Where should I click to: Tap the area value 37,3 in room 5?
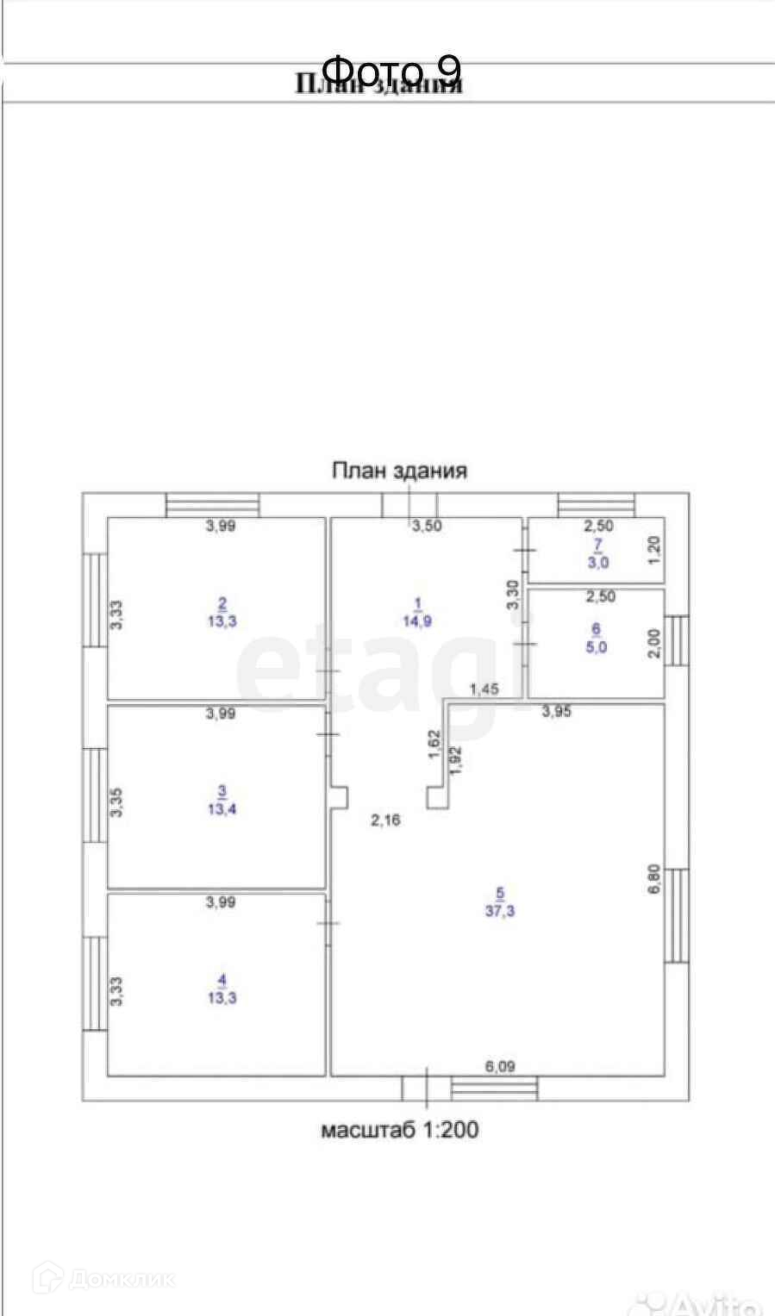(x=499, y=911)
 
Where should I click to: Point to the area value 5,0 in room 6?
(x=596, y=647)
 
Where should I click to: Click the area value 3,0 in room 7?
(x=598, y=563)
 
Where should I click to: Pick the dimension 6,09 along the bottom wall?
(x=499, y=1066)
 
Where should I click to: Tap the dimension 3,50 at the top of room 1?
(x=427, y=526)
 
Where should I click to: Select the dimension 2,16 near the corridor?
(x=385, y=820)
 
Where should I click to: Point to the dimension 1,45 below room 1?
(x=484, y=689)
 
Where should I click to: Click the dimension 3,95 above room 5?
(x=557, y=712)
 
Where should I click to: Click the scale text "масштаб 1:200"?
(x=399, y=1130)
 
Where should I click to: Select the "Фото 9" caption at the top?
(x=392, y=69)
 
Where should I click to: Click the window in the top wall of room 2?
(x=212, y=504)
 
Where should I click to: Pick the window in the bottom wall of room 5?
(x=494, y=1088)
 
